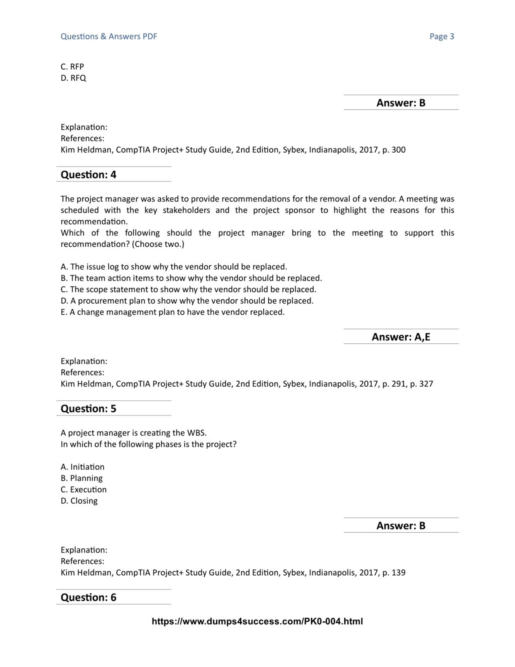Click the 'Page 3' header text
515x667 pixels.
coord(442,36)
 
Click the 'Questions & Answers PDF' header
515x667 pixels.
coord(109,36)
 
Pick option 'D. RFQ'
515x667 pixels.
coord(73,78)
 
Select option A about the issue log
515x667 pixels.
coord(174,267)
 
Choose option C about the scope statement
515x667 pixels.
coord(188,289)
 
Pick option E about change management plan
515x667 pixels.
coord(172,312)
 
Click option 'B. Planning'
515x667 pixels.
coord(81,478)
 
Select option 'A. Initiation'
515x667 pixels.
coord(82,467)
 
